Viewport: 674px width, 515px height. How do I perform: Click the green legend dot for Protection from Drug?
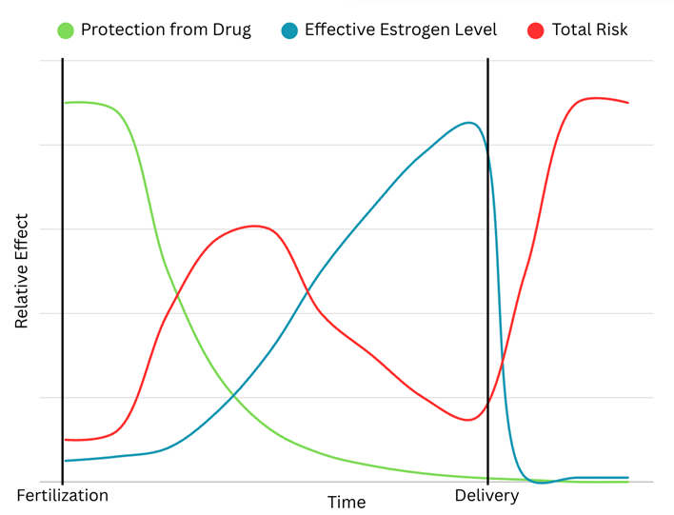pos(66,30)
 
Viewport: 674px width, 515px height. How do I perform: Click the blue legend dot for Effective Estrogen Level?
pos(289,30)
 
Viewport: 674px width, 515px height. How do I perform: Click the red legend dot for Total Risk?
pos(535,30)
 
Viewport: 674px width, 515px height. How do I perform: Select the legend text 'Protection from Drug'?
pos(166,30)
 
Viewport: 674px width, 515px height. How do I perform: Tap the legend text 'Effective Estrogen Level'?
pos(401,30)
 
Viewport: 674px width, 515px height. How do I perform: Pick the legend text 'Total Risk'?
pos(590,30)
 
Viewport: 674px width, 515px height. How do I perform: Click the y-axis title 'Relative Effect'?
pos(22,272)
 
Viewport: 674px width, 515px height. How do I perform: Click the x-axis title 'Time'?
pos(347,502)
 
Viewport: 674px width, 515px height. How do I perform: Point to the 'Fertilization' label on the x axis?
pos(63,495)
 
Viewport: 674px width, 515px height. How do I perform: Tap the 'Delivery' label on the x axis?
pos(486,495)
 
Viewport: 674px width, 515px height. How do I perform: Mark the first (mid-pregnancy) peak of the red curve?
pos(254,226)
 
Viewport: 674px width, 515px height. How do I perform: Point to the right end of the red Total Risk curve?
pos(628,102)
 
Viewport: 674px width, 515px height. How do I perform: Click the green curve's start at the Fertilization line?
pos(64,102)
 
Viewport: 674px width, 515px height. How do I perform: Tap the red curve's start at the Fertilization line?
pos(64,440)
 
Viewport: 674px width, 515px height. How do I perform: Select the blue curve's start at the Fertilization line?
pos(64,461)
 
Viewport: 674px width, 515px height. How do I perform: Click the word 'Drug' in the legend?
pos(231,30)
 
